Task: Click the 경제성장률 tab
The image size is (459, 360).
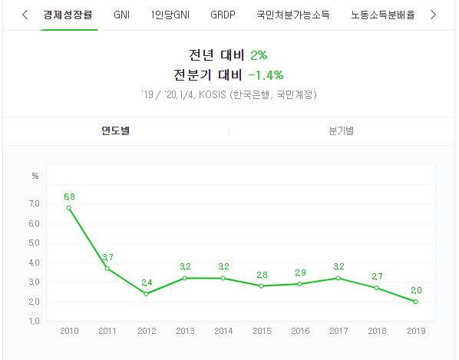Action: [68, 15]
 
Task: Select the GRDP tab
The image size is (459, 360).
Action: [223, 15]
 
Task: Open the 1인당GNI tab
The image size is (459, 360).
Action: [170, 15]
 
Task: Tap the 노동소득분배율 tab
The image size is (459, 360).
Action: [382, 15]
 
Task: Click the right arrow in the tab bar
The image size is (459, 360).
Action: [433, 15]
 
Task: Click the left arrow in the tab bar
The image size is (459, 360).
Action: [25, 15]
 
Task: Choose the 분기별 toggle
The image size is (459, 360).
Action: [342, 130]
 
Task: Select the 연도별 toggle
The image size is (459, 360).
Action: [116, 130]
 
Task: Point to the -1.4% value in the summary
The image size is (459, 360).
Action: [266, 75]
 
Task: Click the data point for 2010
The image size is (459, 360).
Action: [69, 208]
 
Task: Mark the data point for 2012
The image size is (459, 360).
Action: [147, 294]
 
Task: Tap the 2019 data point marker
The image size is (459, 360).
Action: [416, 302]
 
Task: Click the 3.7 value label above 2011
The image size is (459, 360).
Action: [107, 257]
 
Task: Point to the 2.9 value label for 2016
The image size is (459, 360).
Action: [300, 272]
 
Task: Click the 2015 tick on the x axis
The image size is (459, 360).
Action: [262, 331]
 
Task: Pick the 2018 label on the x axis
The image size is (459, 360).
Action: [377, 331]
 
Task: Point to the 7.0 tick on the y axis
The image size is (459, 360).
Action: [34, 203]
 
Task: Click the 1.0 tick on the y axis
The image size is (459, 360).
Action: [34, 321]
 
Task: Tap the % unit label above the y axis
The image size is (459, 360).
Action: [35, 176]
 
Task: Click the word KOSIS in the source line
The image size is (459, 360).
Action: [213, 95]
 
